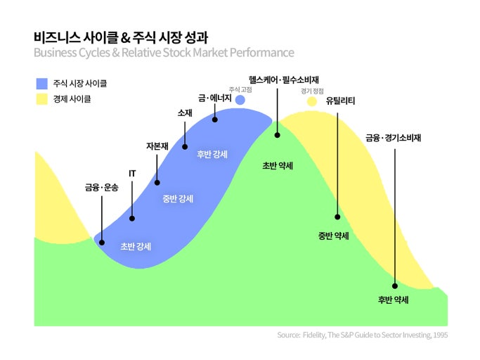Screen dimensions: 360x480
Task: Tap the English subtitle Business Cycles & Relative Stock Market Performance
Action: pyautogui.click(x=163, y=53)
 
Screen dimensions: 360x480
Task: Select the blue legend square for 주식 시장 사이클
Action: pyautogui.click(x=41, y=84)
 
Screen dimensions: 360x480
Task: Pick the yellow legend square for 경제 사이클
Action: pyautogui.click(x=41, y=99)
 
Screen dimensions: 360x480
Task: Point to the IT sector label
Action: pyautogui.click(x=132, y=172)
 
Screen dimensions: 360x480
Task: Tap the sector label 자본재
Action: pyautogui.click(x=157, y=146)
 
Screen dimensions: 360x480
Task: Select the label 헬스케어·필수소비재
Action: pyautogui.click(x=279, y=79)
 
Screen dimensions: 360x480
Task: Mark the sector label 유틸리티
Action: pyautogui.click(x=340, y=101)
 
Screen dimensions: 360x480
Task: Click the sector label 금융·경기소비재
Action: pyautogui.click(x=393, y=138)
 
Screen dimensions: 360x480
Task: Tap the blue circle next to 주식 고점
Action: pyautogui.click(x=240, y=101)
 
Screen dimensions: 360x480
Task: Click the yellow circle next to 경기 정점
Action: pyautogui.click(x=312, y=102)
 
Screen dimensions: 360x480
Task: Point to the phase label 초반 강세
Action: pyautogui.click(x=136, y=246)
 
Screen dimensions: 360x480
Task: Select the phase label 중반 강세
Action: pyautogui.click(x=178, y=199)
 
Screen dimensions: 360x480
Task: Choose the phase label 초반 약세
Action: pyautogui.click(x=278, y=166)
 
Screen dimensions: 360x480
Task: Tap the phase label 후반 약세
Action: pyautogui.click(x=394, y=300)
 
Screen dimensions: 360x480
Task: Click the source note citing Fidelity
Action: pyautogui.click(x=362, y=335)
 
